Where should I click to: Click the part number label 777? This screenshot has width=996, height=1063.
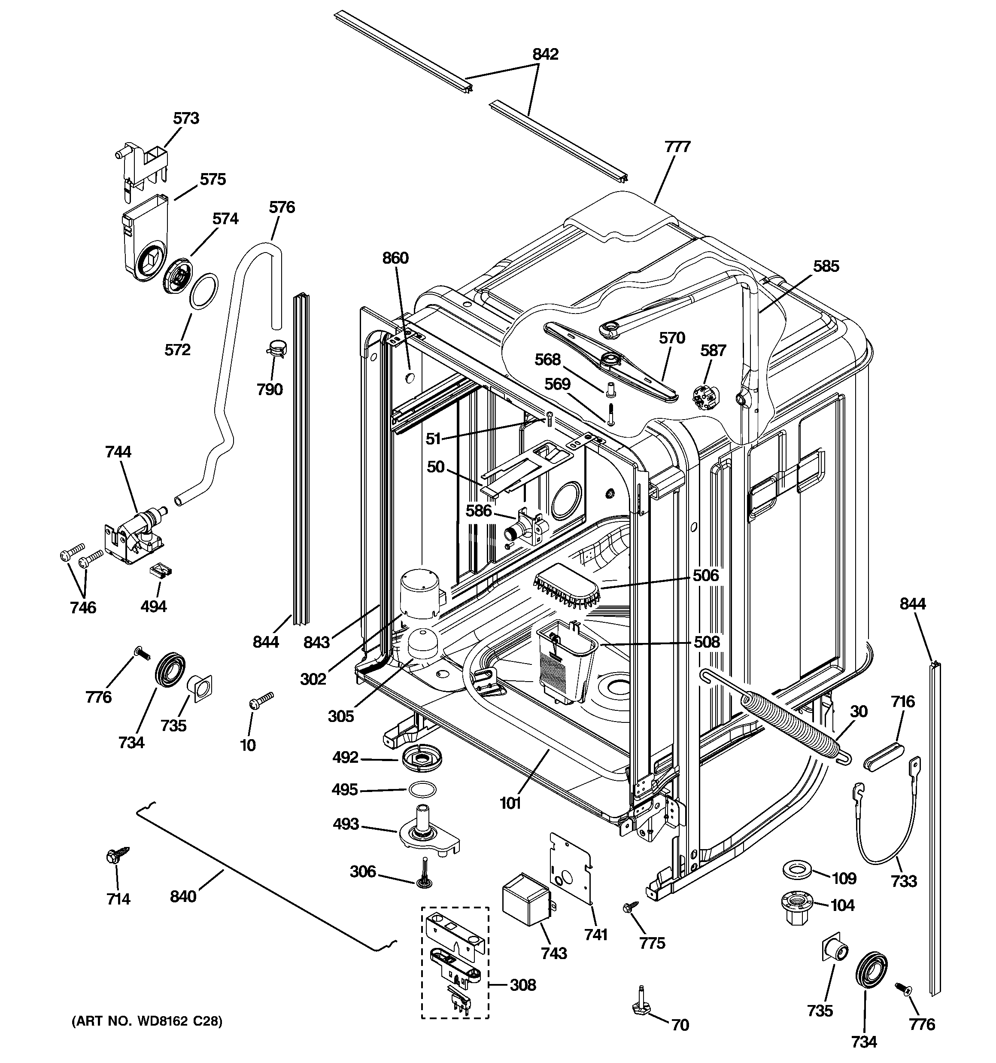677,147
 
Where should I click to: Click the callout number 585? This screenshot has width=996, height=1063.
826,266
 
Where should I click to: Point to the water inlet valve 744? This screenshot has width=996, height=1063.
137,535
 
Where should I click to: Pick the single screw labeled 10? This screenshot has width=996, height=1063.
261,700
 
